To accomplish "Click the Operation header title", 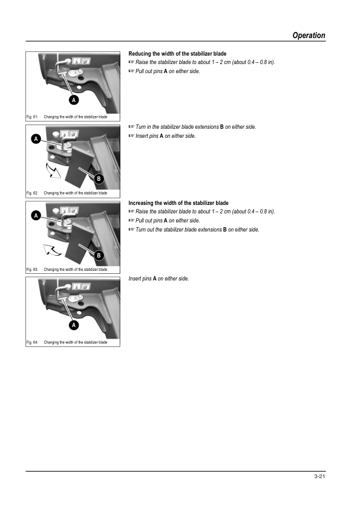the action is (309, 36).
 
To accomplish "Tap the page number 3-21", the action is (319, 476).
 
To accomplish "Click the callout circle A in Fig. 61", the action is (74, 100).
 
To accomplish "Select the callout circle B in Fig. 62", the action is (99, 178).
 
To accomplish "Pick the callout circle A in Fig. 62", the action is (36, 139).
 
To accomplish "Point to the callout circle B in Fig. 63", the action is (99, 255).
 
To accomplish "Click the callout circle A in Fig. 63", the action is (36, 216).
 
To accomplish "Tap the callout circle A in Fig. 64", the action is (74, 325).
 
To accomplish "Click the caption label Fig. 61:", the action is (32, 117).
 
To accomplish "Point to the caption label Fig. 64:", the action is (32, 342).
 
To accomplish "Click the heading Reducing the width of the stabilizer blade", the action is (177, 54).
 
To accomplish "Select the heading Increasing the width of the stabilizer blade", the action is (178, 203).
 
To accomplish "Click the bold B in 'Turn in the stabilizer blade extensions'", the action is (221, 127).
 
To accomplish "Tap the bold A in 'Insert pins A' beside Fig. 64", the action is (155, 279).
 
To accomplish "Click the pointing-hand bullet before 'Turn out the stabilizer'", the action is (131, 230).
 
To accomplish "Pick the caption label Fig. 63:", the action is (32, 270).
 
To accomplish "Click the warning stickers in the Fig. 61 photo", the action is (81, 60).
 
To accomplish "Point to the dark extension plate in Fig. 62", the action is (79, 167).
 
